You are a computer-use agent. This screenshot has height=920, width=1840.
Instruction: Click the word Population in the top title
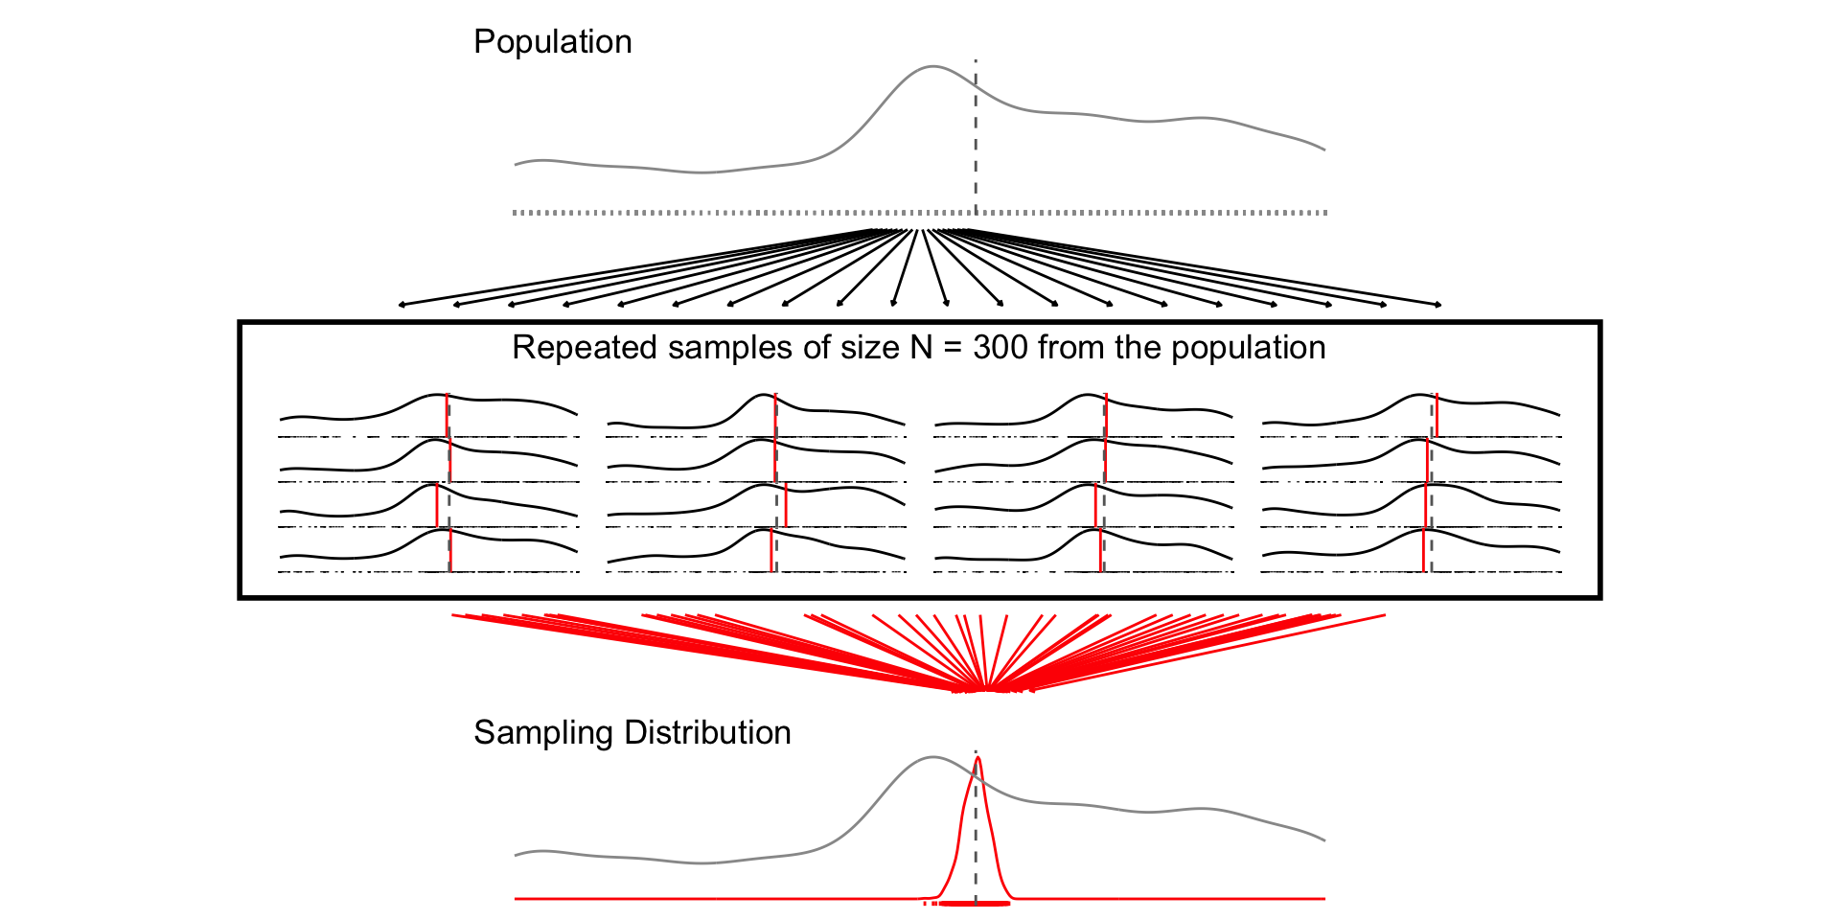point(552,42)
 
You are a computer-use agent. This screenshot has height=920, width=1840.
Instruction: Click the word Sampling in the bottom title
point(543,733)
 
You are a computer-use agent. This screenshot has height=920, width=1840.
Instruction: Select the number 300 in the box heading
point(1000,348)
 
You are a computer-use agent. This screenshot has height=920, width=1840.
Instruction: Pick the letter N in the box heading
point(921,348)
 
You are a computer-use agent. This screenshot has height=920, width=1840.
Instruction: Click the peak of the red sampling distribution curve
point(977,759)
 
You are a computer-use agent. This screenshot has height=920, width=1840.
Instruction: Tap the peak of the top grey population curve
point(931,67)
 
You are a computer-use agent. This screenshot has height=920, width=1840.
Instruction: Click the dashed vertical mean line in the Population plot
point(976,144)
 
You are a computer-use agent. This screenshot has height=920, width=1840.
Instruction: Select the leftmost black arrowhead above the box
point(402,306)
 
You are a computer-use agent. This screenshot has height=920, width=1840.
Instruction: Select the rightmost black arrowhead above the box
point(1438,306)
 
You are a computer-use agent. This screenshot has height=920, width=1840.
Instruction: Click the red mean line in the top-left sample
point(447,415)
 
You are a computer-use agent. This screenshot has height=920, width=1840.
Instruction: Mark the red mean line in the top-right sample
point(1437,415)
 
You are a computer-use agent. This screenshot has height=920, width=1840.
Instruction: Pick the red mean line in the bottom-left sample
point(449,551)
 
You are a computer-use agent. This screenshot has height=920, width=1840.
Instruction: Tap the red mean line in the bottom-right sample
point(1424,551)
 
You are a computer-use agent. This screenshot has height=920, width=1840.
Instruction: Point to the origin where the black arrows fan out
point(920,231)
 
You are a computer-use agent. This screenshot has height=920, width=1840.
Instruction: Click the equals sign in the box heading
point(953,348)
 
